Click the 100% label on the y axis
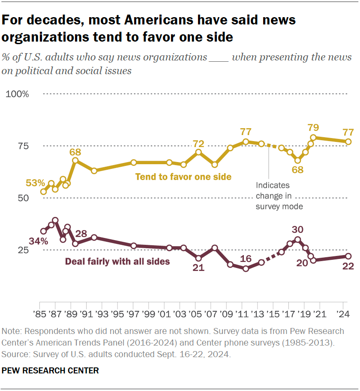[17, 94]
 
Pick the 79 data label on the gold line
[314, 127]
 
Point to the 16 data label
[246, 259]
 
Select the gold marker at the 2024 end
[348, 141]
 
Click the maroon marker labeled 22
[348, 256]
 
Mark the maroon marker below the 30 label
[297, 240]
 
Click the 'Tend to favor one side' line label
[183, 177]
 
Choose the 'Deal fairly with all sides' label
[117, 261]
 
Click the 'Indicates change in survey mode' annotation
[279, 196]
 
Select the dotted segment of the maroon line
[271, 257]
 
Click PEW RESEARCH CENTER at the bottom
[51, 370]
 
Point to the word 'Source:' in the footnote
[15, 355]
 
